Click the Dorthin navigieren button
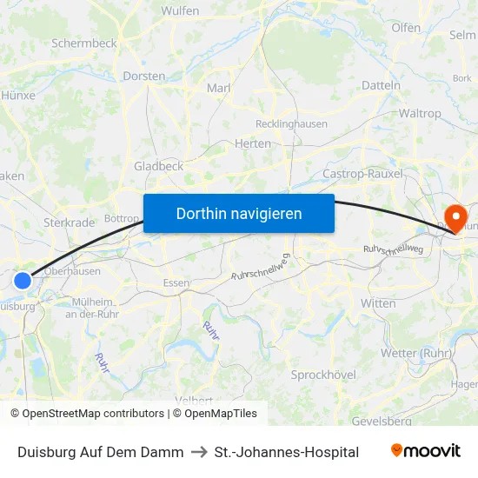(x=238, y=213)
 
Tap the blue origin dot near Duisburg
(x=23, y=280)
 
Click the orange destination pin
(x=455, y=216)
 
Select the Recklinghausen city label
(x=291, y=124)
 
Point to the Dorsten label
(x=144, y=76)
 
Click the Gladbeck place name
(x=158, y=166)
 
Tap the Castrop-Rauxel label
(x=362, y=174)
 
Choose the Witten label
(x=378, y=303)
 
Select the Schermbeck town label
(x=84, y=43)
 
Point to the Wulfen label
(x=180, y=11)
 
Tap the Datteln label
(x=381, y=85)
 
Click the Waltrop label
(x=420, y=114)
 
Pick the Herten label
(x=253, y=143)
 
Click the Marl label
(x=217, y=88)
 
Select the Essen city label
(x=176, y=283)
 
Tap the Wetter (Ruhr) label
(x=415, y=353)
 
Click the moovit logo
(x=425, y=451)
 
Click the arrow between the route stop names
(x=199, y=452)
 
